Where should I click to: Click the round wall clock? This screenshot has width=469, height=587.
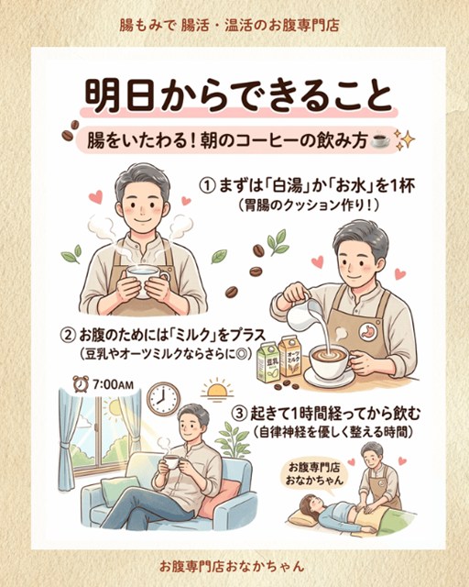tap(163, 399)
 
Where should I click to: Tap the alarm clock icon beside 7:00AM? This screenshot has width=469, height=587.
tap(80, 384)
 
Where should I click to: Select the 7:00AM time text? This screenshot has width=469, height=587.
tap(113, 384)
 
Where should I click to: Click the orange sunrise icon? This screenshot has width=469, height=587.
tap(217, 389)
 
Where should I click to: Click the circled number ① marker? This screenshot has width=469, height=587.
tap(208, 186)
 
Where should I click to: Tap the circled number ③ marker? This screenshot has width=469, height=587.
tap(240, 415)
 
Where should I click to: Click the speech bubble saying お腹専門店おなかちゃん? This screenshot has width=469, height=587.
tap(314, 474)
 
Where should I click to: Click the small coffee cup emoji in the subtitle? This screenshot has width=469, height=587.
tap(379, 140)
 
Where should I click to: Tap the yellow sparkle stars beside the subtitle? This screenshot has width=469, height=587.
tap(404, 138)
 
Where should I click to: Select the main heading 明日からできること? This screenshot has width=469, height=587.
tap(238, 96)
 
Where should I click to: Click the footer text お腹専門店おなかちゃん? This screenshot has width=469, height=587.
tap(232, 566)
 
